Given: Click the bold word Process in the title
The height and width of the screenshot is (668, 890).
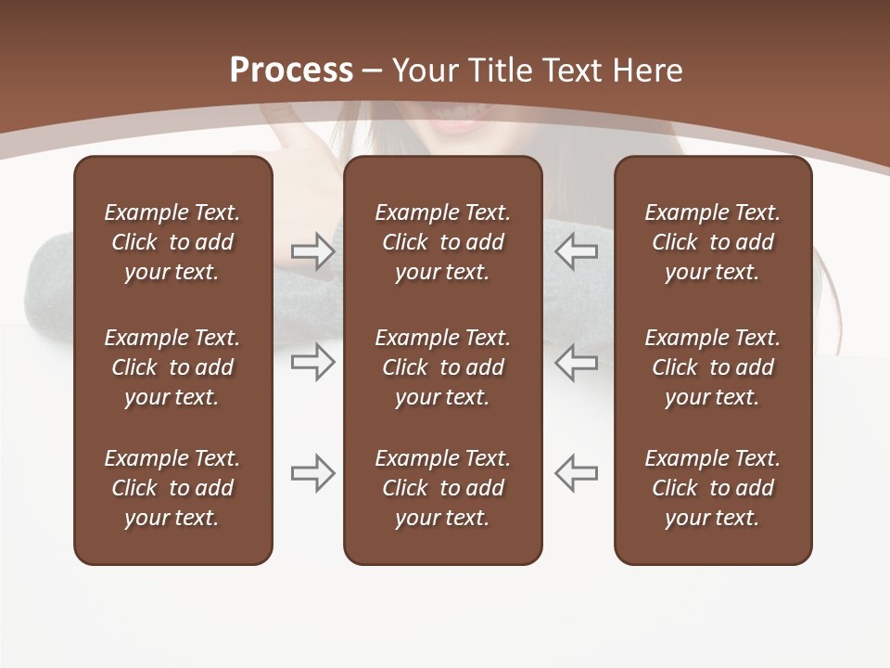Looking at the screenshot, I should coord(291,71).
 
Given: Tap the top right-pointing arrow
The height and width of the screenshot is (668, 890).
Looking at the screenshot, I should coord(312,251).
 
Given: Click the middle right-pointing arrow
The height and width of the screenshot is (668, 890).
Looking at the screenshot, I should coord(312,362).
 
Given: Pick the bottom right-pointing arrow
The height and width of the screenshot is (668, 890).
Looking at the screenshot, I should coord(312,473).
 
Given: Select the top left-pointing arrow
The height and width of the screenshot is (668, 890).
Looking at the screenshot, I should coord(577,251).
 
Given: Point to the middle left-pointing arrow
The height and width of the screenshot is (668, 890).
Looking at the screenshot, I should coord(577,362).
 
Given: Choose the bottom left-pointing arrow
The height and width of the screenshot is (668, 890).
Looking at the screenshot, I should coord(577,473).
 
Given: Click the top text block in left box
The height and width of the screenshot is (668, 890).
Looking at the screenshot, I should coord(172,242).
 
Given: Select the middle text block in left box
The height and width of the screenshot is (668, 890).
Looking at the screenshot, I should coord(172,367).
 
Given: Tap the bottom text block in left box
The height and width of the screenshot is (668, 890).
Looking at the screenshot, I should coord(172,488).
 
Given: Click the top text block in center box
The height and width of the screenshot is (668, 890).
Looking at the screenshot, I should coord(442,242).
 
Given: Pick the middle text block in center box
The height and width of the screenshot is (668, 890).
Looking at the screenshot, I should coord(442,367).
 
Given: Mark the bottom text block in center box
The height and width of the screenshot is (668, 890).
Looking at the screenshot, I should coord(442,488).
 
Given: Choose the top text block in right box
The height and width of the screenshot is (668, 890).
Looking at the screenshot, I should coord(712,242).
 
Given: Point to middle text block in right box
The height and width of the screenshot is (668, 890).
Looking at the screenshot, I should coord(712,367).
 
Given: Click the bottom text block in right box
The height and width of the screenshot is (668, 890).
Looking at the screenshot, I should coord(712,488).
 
